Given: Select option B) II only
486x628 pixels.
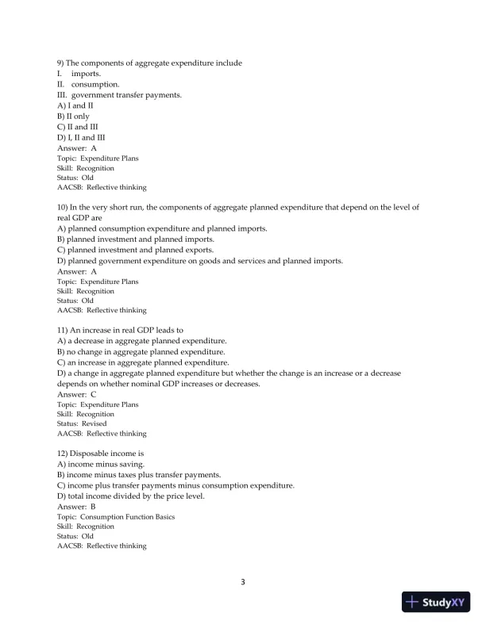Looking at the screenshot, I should click(74, 116).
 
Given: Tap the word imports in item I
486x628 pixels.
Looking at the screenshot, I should click(86, 74).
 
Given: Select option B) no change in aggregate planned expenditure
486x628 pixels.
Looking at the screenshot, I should click(141, 351).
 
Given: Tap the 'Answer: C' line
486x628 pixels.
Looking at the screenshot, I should click(77, 393).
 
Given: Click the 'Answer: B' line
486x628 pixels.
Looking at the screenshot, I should click(77, 506).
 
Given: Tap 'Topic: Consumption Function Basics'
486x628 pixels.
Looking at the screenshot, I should click(117, 516).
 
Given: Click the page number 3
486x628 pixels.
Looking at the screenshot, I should click(243, 583).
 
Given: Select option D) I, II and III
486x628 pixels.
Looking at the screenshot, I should click(76, 137).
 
